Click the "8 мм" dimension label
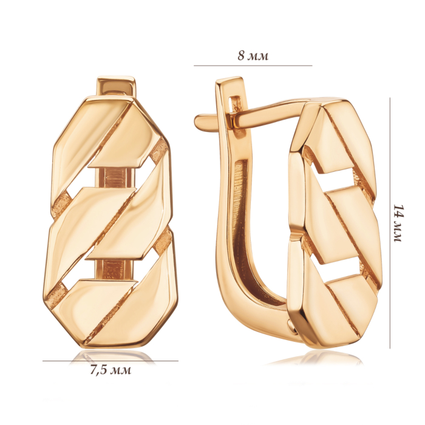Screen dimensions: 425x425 (253, 56)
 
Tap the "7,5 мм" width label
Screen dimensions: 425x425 (110, 370)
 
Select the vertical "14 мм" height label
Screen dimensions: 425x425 (399, 223)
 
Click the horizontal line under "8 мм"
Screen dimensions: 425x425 (253, 66)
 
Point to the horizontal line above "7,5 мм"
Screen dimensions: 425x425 (110, 361)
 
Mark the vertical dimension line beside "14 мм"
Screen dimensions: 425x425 (390, 223)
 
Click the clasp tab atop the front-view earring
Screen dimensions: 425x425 (116, 87)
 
